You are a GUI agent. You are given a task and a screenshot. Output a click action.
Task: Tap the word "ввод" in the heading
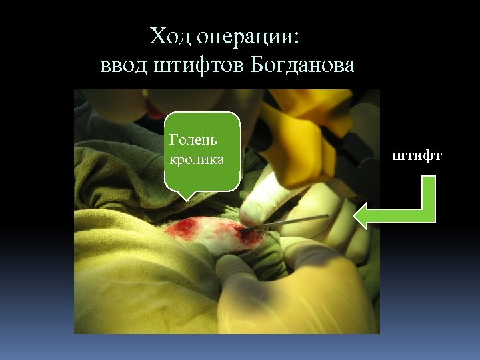click(123, 66)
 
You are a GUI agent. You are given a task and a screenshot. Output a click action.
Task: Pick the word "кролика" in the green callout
click(197, 161)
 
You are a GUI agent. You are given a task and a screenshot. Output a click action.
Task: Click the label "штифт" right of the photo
click(417, 156)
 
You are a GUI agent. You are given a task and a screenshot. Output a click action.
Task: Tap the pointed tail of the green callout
click(186, 195)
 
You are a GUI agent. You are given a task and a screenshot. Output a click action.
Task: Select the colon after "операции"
click(297, 38)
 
